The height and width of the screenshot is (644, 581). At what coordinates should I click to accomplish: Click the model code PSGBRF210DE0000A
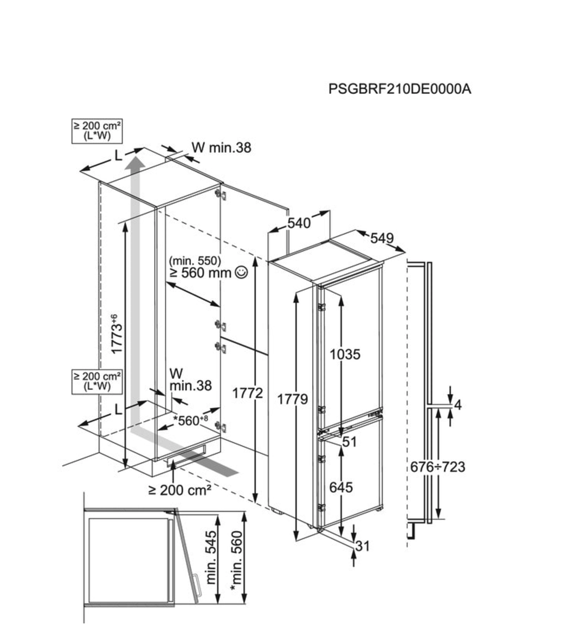pyautogui.click(x=399, y=89)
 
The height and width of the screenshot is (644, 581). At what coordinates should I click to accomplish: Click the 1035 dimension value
pyautogui.click(x=345, y=355)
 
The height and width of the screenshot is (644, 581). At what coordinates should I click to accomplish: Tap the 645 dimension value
pyautogui.click(x=341, y=487)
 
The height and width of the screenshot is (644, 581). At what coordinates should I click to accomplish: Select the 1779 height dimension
pyautogui.click(x=293, y=400)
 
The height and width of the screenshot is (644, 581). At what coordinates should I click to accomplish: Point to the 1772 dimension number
pyautogui.click(x=248, y=393)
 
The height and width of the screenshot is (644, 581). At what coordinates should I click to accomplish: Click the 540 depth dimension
pyautogui.click(x=299, y=223)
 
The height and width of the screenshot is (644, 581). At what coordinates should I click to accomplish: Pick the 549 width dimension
pyautogui.click(x=382, y=238)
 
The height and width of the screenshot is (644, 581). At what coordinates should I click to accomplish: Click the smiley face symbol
pyautogui.click(x=241, y=272)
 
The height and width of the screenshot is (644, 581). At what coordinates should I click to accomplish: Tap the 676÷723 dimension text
pyautogui.click(x=437, y=466)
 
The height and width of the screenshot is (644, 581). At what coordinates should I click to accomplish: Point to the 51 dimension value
pyautogui.click(x=350, y=442)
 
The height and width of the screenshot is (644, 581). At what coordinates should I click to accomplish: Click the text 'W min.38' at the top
pyautogui.click(x=222, y=147)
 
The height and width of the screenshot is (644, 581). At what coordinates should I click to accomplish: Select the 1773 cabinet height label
pyautogui.click(x=116, y=334)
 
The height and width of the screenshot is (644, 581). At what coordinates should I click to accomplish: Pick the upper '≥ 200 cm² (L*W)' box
pyautogui.click(x=97, y=131)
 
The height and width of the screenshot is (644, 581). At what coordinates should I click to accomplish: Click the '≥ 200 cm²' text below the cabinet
pyautogui.click(x=179, y=490)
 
